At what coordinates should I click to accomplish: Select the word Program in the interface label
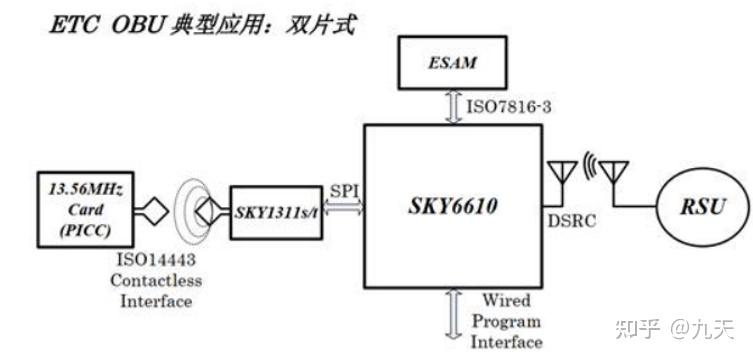[x=506, y=320]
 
